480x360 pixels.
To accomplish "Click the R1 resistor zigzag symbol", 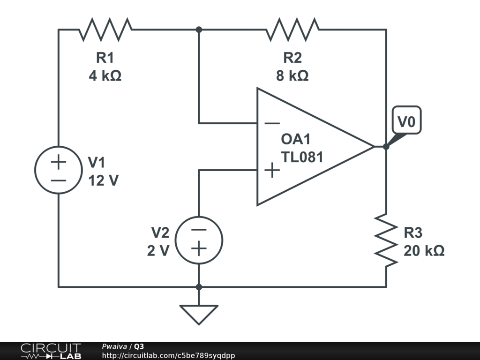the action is [x=105, y=30].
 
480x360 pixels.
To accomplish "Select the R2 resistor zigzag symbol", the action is [x=292, y=30].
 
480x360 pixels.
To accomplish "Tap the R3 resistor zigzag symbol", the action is [x=386, y=240].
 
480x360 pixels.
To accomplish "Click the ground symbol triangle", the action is [x=199, y=314].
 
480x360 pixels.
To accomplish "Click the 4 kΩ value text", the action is [x=105, y=75].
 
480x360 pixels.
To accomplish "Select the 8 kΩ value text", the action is [x=292, y=75].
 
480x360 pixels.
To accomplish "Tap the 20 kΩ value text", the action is [x=424, y=251].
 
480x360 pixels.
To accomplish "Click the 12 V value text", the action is [x=104, y=180].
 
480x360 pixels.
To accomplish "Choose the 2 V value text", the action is [x=158, y=251].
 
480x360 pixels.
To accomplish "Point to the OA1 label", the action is [x=296, y=139].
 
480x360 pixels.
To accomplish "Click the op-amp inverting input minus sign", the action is [x=272, y=123].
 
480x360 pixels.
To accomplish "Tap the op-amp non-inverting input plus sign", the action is [x=272, y=170].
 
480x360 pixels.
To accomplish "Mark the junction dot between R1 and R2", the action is [x=199, y=30].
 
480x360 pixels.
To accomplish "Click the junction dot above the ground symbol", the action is [x=199, y=287].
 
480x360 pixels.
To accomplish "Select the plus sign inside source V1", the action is [x=59, y=162].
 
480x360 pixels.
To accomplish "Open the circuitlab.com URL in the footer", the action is [x=168, y=355].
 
